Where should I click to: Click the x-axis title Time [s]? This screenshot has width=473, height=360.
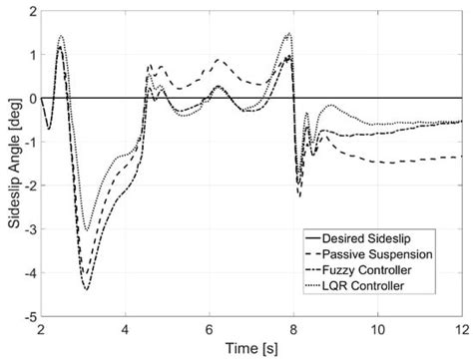[251, 348]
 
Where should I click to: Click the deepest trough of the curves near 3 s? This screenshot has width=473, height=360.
[87, 289]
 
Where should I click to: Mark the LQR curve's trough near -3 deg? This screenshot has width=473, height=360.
[87, 230]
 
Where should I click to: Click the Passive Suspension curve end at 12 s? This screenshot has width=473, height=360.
[460, 157]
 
